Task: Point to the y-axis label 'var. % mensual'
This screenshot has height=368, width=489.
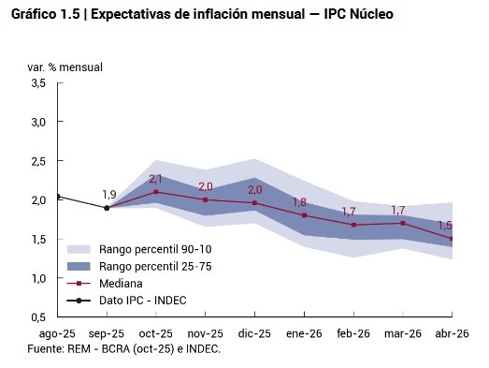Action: coord(65,67)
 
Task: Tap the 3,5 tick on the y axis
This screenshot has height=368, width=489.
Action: coord(37,84)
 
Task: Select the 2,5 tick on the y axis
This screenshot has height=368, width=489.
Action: coord(37,162)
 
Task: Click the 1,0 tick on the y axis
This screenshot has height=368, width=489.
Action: coord(37,279)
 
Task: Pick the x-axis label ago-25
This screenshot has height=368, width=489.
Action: coord(57,333)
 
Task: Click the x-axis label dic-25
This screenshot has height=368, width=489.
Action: coord(254,333)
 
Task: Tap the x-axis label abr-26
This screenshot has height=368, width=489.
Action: coord(452,333)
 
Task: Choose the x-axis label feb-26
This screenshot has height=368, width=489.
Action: coord(353,333)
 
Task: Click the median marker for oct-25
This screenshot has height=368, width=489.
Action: coord(156,192)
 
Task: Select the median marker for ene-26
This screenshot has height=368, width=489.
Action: coord(304,215)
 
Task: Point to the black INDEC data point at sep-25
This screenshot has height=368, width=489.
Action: coord(107,208)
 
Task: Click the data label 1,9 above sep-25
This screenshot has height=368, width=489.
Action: coord(109,195)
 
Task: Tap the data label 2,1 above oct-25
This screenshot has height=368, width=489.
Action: coord(156,179)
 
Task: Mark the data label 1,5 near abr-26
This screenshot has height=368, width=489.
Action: coord(445,226)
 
